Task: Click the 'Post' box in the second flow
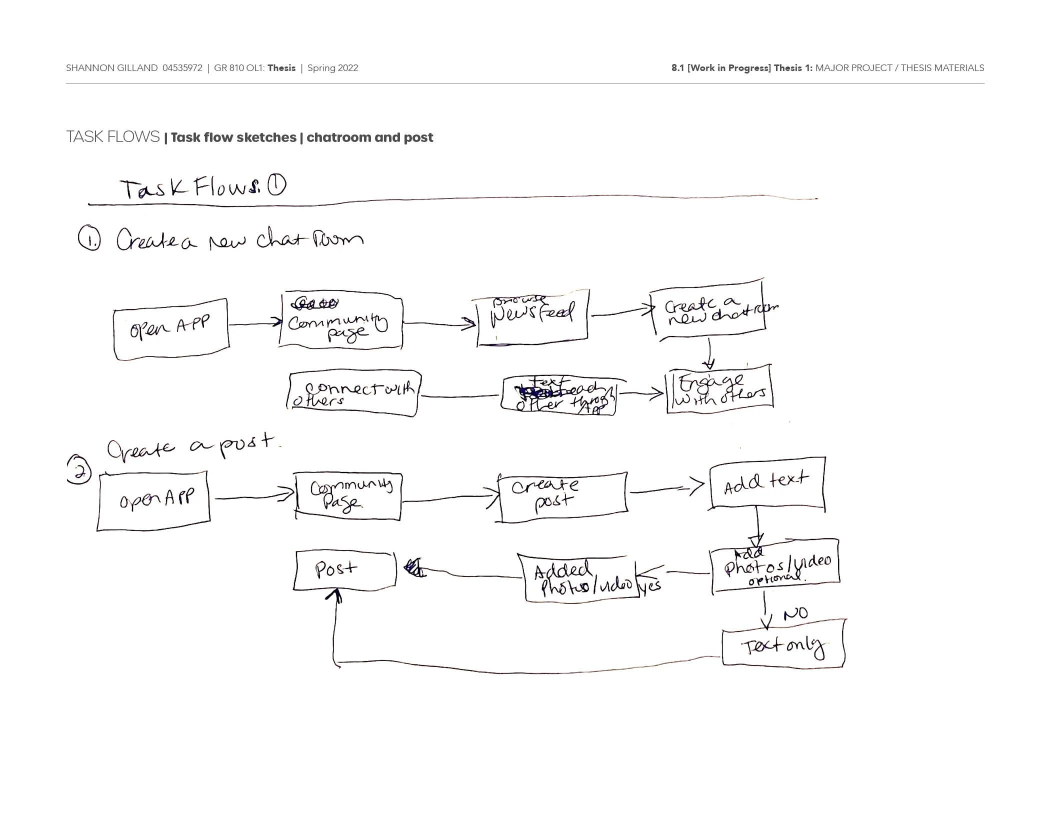344,570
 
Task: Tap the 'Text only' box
783,643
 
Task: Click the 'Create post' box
562,496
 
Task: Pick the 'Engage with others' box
720,389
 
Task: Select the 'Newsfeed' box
532,317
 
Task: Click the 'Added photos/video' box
580,579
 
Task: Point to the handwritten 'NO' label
795,613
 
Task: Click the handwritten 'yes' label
650,585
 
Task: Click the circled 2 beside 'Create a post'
79,470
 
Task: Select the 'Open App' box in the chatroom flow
171,329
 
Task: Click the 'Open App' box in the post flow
154,500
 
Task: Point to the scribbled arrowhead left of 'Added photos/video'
414,568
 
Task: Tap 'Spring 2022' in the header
332,68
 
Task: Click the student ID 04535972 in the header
182,68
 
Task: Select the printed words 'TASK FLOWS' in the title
113,136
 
